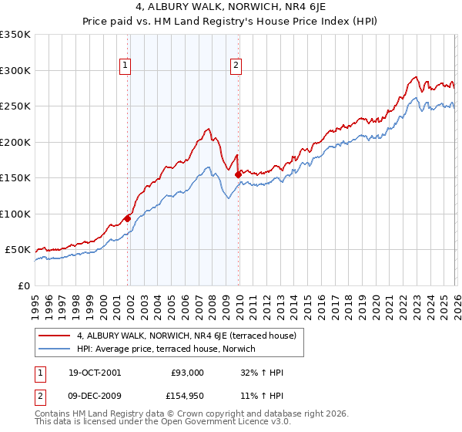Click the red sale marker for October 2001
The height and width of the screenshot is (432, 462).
(x=127, y=218)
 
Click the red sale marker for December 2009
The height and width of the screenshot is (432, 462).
(x=238, y=174)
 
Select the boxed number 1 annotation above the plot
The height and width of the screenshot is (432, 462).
(x=126, y=66)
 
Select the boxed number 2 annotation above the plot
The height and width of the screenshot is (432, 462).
(x=236, y=66)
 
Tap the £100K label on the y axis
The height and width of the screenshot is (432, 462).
(x=15, y=214)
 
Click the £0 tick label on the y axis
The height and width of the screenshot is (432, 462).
(x=23, y=285)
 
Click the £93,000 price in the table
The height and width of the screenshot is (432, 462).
(x=188, y=373)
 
